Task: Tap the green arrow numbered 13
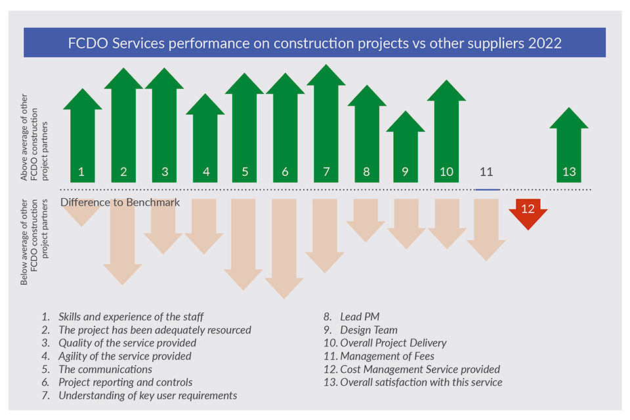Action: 569,148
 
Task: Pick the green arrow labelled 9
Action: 406,151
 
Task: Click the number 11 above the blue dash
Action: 486,172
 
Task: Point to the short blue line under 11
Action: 487,189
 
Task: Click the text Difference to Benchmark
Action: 120,202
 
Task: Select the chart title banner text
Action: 315,43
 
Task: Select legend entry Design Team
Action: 368,330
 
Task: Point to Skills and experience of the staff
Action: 131,317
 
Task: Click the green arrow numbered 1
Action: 82,138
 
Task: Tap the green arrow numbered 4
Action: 205,141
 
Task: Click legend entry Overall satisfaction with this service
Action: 421,382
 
